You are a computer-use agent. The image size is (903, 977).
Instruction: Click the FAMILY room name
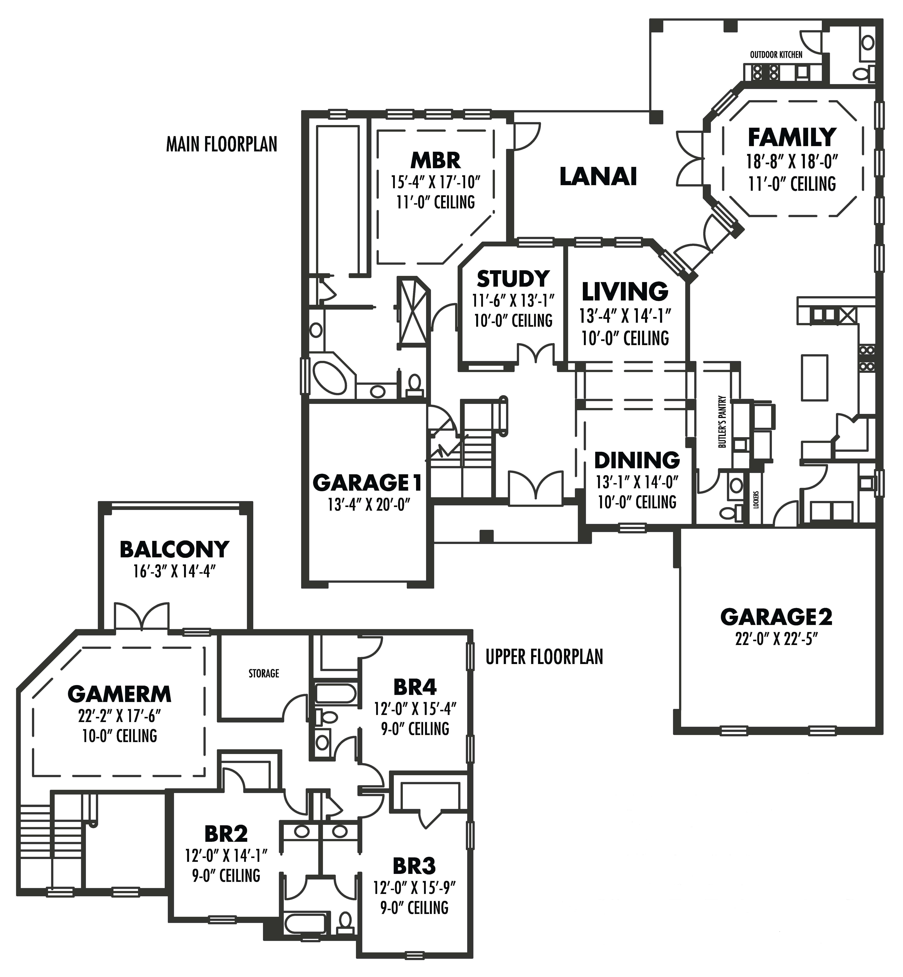pyautogui.click(x=792, y=138)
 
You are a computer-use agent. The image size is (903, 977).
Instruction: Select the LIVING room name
pyautogui.click(x=625, y=292)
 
